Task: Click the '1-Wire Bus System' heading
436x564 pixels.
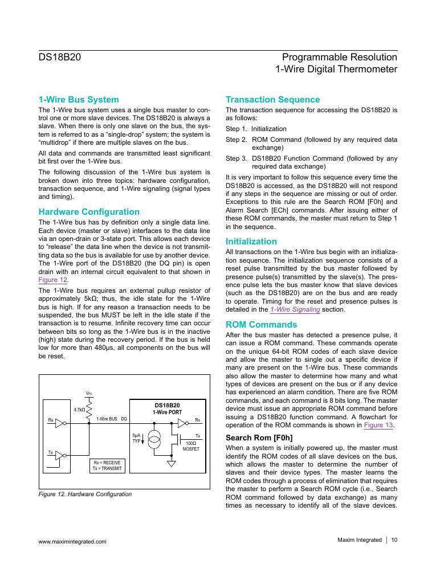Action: coord(78,100)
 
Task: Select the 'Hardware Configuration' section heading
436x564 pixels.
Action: coord(88,212)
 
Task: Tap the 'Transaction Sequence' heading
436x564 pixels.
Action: coord(272,100)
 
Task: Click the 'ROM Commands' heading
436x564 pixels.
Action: coord(261,325)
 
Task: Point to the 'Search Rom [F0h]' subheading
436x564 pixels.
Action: coord(259,438)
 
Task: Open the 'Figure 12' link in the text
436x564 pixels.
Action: coord(53,280)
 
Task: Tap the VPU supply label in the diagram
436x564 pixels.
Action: coord(88,393)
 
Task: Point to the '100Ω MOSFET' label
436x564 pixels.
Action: coord(191,446)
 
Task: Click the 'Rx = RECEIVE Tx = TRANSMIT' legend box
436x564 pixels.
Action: coord(107,465)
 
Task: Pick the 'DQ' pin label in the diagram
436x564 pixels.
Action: coord(124,419)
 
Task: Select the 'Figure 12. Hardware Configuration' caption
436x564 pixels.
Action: coord(85,494)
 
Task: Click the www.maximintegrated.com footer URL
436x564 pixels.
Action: coord(72,541)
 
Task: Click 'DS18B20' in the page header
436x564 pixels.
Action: coord(60,57)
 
